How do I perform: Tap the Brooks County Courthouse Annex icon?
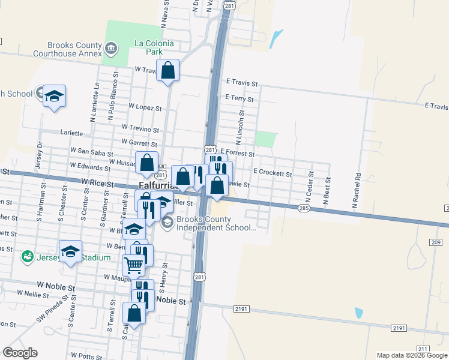click(110, 48)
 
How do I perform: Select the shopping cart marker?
click(133, 264)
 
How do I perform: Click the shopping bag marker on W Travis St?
click(169, 71)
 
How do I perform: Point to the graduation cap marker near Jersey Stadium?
click(70, 251)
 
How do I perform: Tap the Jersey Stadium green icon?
click(27, 257)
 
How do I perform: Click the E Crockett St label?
click(272, 173)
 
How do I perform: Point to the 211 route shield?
click(424, 349)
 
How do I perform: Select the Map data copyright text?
click(412, 355)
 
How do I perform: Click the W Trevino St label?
click(140, 128)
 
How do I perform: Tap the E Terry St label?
click(240, 98)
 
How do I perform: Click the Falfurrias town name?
click(155, 186)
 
